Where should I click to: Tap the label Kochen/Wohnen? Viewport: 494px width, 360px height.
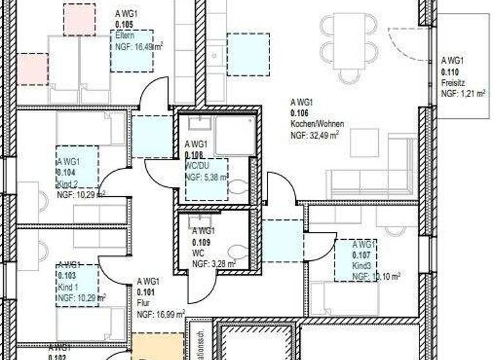click(317, 123)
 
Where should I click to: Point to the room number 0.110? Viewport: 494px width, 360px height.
click(450, 72)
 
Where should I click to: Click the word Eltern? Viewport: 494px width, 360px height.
click(124, 35)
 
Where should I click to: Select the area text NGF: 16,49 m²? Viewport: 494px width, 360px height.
click(138, 47)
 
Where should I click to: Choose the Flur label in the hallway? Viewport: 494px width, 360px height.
click(143, 302)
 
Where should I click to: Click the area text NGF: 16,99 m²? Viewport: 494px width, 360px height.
click(161, 314)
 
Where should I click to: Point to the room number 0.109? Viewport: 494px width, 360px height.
click(200, 242)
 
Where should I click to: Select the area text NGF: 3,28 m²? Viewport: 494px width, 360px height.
click(214, 264)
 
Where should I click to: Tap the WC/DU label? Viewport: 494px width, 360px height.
click(196, 166)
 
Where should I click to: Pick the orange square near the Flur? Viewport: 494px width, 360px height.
click(156, 346)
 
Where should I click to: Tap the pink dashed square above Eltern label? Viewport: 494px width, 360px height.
click(79, 19)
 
